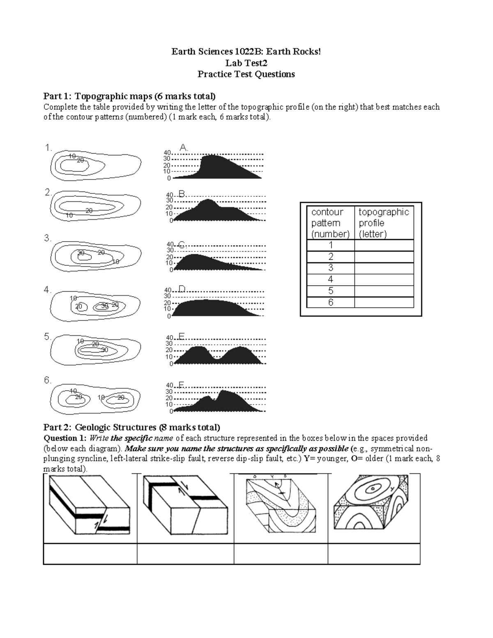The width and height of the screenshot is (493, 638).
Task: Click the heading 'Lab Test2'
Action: click(246, 63)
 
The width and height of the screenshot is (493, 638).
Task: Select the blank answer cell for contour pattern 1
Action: click(384, 245)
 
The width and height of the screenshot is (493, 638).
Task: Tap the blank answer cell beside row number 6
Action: click(384, 302)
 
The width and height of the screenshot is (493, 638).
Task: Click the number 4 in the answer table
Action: click(331, 280)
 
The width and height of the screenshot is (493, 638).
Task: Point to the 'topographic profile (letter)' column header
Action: click(384, 223)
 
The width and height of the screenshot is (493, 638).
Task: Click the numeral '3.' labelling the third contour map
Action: click(48, 238)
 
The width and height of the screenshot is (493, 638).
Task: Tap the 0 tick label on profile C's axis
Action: click(171, 270)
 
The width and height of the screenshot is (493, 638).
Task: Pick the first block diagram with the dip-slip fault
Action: click(90, 507)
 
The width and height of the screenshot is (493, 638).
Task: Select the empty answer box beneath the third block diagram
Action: click(281, 554)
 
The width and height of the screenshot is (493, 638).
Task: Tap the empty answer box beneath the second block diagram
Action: click(185, 554)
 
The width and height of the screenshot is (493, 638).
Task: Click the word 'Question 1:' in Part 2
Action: click(65, 438)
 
